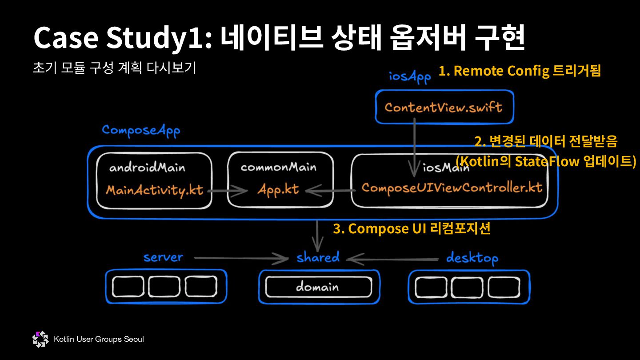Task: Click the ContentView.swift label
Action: (443, 107)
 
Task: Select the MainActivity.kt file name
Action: (154, 190)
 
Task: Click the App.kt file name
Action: (278, 190)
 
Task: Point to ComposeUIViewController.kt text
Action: (452, 188)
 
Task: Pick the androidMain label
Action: (147, 168)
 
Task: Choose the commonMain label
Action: (279, 167)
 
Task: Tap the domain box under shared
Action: (318, 287)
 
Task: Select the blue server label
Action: (163, 257)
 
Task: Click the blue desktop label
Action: (472, 258)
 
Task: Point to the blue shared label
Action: (318, 257)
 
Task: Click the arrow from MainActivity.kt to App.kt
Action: (227, 191)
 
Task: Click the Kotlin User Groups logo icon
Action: (40, 339)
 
